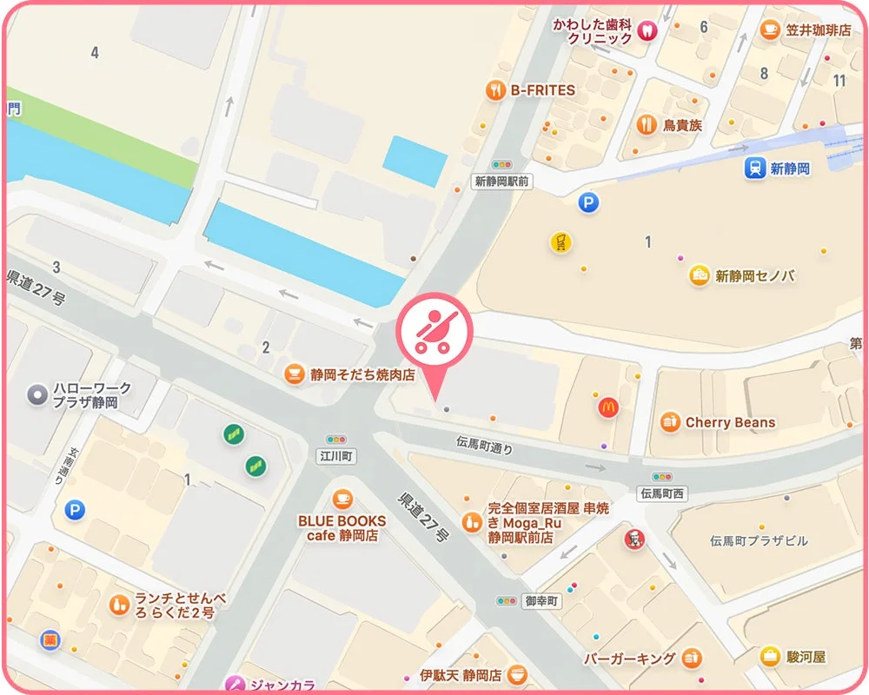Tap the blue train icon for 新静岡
(753, 169)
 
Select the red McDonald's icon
(608, 406)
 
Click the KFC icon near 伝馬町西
(635, 539)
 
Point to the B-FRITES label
(542, 89)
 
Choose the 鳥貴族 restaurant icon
(645, 125)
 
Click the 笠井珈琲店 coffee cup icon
(770, 30)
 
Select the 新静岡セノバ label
(755, 276)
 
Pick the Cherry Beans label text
(730, 423)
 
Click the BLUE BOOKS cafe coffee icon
(342, 499)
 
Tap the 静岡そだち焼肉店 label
(362, 375)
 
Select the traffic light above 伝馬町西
(663, 478)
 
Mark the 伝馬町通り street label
(484, 445)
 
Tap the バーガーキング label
(630, 658)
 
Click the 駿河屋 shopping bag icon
(770, 656)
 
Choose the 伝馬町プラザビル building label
(759, 540)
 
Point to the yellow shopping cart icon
(561, 242)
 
